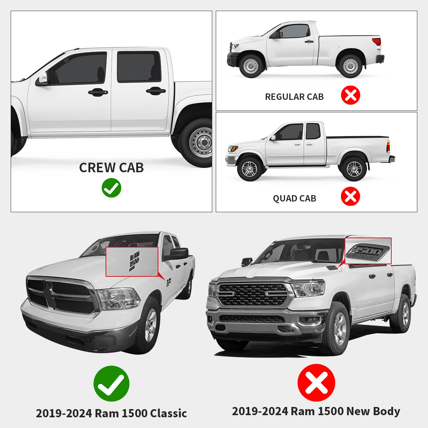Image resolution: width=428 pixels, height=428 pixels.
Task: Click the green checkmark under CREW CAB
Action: pyautogui.click(x=111, y=188)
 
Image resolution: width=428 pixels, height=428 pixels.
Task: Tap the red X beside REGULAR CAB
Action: pyautogui.click(x=350, y=95)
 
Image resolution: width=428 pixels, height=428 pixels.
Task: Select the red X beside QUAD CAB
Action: pyautogui.click(x=350, y=196)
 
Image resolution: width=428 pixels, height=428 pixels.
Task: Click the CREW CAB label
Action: pyautogui.click(x=111, y=168)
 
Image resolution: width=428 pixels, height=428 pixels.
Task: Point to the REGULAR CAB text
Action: pyautogui.click(x=294, y=97)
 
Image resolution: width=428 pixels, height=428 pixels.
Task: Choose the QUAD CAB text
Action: pyautogui.click(x=294, y=198)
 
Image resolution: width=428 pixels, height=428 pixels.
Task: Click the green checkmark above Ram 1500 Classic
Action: pyautogui.click(x=111, y=383)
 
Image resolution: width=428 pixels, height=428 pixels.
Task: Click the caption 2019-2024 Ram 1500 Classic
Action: pyautogui.click(x=111, y=413)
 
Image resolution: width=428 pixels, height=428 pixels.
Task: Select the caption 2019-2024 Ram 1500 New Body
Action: pyautogui.click(x=316, y=411)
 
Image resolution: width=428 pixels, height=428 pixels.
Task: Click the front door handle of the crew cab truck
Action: pyautogui.click(x=98, y=92)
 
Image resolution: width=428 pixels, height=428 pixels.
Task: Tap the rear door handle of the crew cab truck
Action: pyautogui.click(x=156, y=91)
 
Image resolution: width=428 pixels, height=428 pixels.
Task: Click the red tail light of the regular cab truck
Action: pyautogui.click(x=377, y=42)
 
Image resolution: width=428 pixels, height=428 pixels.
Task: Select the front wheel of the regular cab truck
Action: pyautogui.click(x=251, y=66)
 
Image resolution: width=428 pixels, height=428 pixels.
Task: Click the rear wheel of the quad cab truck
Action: pyautogui.click(x=354, y=169)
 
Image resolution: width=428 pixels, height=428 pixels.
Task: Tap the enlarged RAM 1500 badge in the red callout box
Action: pyautogui.click(x=134, y=261)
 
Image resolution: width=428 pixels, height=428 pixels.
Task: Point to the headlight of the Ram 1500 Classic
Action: pyautogui.click(x=118, y=299)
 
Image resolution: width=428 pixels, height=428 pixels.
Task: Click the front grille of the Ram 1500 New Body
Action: pyautogui.click(x=253, y=294)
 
